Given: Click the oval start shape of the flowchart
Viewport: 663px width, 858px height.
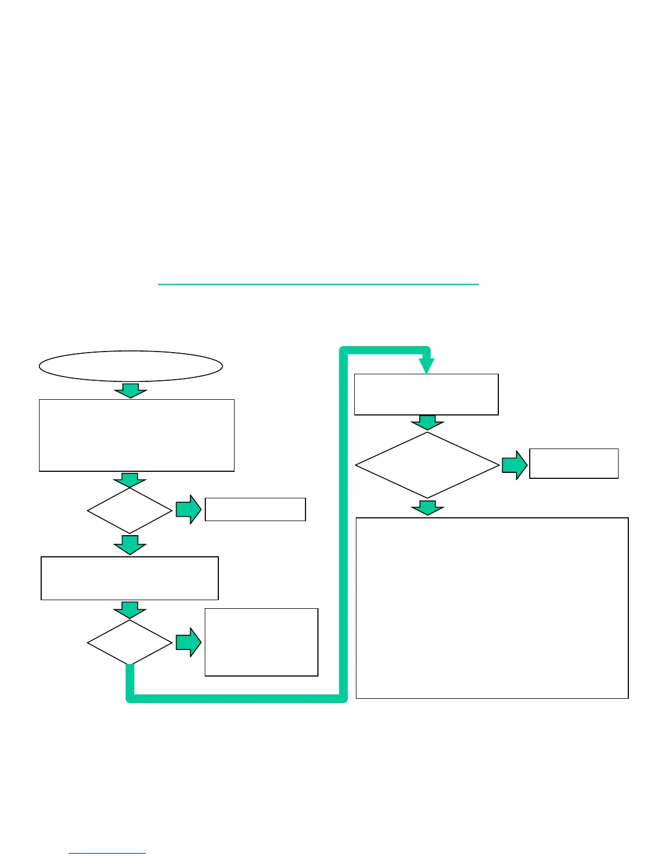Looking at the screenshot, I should (x=131, y=366).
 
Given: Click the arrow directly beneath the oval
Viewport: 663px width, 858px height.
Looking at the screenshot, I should (x=131, y=391).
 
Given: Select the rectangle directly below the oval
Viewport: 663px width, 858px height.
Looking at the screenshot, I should (x=136, y=435).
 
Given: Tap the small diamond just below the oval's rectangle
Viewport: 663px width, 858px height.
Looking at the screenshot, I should (x=130, y=510).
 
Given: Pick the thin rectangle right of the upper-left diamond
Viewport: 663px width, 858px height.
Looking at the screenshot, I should (x=255, y=509).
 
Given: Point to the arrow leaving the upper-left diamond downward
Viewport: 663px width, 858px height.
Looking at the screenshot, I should (x=130, y=545).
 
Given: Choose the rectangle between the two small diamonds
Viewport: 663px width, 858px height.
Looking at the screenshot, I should (x=130, y=578).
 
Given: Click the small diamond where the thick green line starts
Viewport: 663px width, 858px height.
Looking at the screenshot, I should (x=130, y=642).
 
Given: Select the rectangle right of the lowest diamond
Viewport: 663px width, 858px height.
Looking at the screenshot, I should (x=261, y=642).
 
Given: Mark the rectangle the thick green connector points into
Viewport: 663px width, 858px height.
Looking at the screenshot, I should (x=426, y=394).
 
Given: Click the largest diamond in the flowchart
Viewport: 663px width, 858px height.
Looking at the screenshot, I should (x=427, y=465).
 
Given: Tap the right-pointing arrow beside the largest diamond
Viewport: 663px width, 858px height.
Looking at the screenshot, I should (x=515, y=465).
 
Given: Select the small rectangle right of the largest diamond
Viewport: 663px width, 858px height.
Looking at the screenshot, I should (x=574, y=463).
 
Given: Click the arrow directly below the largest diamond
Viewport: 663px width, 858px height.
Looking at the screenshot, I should (x=427, y=508).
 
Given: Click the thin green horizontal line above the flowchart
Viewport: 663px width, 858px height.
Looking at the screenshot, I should (x=318, y=284).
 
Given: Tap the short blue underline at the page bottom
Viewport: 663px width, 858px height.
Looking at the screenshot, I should (x=107, y=853).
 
